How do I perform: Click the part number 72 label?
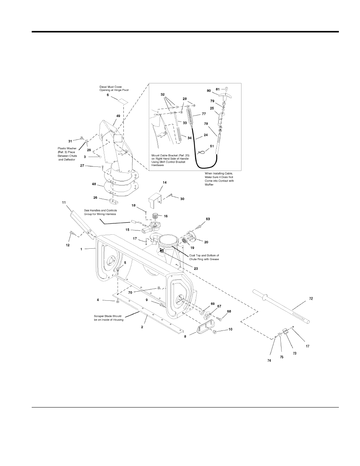[311, 298]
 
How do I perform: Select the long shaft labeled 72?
[282, 307]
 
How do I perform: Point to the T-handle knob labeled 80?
[226, 96]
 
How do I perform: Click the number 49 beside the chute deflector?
[118, 116]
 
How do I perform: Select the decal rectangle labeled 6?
[123, 102]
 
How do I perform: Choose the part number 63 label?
[208, 219]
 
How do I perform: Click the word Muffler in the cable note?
[209, 185]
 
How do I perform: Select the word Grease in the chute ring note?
[214, 259]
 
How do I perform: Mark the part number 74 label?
[269, 361]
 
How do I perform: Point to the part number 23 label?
[196, 269]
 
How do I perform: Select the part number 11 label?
[64, 203]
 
